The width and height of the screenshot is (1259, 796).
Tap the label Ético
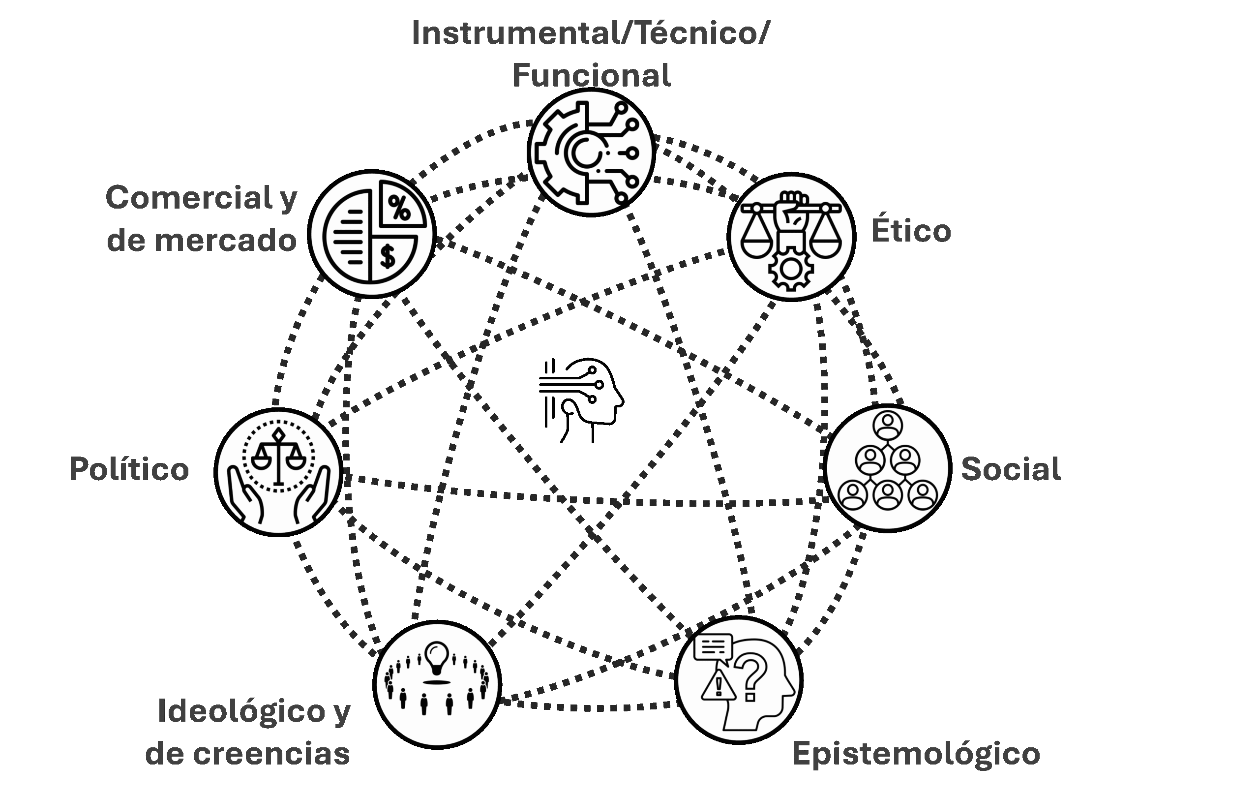click(911, 231)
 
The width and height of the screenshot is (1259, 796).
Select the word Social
click(1011, 469)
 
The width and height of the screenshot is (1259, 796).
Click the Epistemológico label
click(916, 754)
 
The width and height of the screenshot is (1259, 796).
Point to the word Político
click(129, 469)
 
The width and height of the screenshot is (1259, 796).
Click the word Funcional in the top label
click(591, 76)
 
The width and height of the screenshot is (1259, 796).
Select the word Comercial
click(189, 199)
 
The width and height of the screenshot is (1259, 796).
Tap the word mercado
click(225, 241)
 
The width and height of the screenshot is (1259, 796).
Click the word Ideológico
click(241, 712)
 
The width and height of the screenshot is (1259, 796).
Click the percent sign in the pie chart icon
click(400, 208)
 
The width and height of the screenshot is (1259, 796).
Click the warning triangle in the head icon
click(718, 685)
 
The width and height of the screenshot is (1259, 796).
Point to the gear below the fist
click(790, 269)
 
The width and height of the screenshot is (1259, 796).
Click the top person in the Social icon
click(887, 425)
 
